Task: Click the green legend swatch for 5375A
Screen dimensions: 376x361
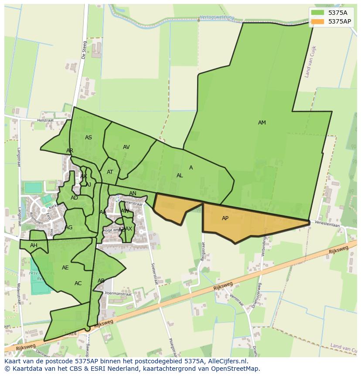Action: pyautogui.click(x=318, y=13)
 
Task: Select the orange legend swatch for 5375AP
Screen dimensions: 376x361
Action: pyautogui.click(x=318, y=21)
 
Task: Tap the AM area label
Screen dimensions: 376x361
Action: pyautogui.click(x=262, y=123)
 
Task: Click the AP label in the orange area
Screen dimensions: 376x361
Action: pyautogui.click(x=225, y=218)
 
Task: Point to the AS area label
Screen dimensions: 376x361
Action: pyautogui.click(x=89, y=138)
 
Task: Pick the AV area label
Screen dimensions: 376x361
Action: pyautogui.click(x=126, y=147)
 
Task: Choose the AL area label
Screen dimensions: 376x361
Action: pyautogui.click(x=180, y=176)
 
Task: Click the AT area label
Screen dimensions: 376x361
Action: pyautogui.click(x=110, y=172)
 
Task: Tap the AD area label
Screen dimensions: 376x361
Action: pyautogui.click(x=74, y=198)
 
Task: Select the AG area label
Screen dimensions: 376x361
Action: pyautogui.click(x=69, y=228)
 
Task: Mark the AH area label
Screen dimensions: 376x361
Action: pyautogui.click(x=34, y=245)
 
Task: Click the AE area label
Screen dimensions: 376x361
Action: pyautogui.click(x=65, y=268)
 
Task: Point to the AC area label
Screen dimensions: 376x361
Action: pyautogui.click(x=78, y=283)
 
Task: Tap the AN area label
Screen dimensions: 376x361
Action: pyautogui.click(x=133, y=193)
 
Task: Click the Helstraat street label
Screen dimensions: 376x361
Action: pyautogui.click(x=45, y=120)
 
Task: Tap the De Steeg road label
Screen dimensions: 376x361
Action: pyautogui.click(x=84, y=50)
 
